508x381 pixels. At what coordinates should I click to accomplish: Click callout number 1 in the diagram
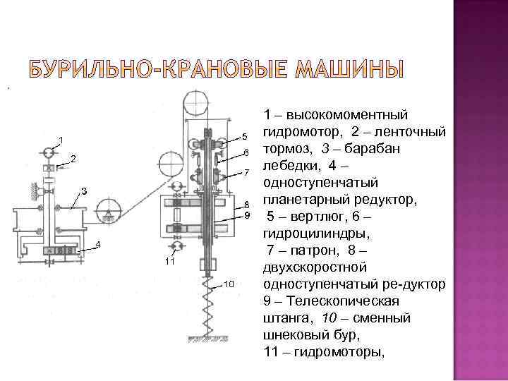point(61,138)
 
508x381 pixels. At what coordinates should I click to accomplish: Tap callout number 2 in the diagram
point(73,158)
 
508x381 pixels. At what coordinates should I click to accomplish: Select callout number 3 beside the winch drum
point(83,191)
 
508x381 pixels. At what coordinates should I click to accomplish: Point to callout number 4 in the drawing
point(98,244)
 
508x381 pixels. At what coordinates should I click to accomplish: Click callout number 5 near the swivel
point(245,135)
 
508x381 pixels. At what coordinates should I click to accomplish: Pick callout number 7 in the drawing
point(247,172)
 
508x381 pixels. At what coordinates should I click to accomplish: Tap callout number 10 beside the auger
point(229,284)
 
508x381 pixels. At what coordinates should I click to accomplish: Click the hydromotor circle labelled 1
point(49,152)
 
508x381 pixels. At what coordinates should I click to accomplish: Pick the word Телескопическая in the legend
point(332,303)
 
